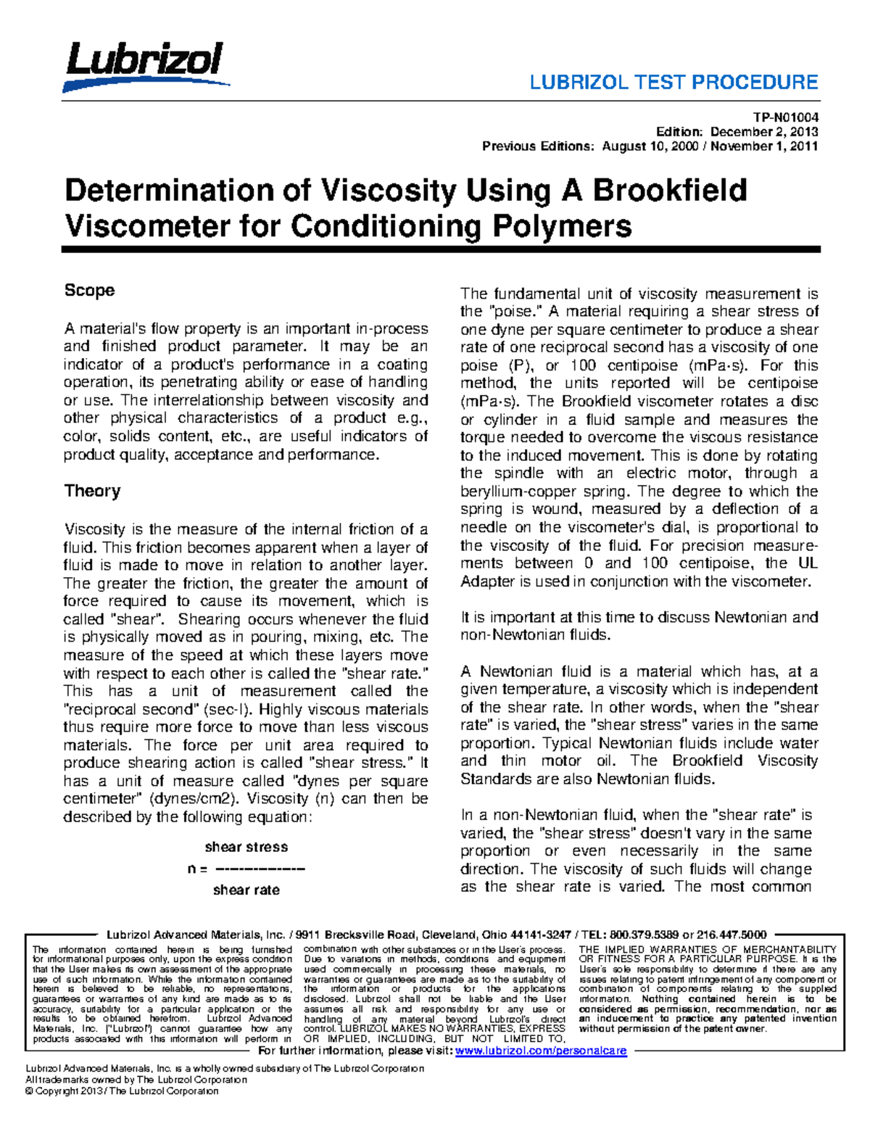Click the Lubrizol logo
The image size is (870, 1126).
click(145, 65)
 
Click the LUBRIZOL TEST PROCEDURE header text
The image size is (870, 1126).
click(674, 82)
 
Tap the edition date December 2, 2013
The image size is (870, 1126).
click(764, 132)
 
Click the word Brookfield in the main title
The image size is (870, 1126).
click(670, 191)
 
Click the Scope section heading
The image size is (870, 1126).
click(89, 290)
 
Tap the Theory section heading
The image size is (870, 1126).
click(92, 491)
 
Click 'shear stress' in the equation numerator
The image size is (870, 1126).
click(246, 847)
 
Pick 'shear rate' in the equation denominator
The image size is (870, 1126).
click(246, 890)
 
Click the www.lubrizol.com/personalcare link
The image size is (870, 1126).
click(540, 1051)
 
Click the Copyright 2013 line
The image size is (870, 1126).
click(121, 1091)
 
